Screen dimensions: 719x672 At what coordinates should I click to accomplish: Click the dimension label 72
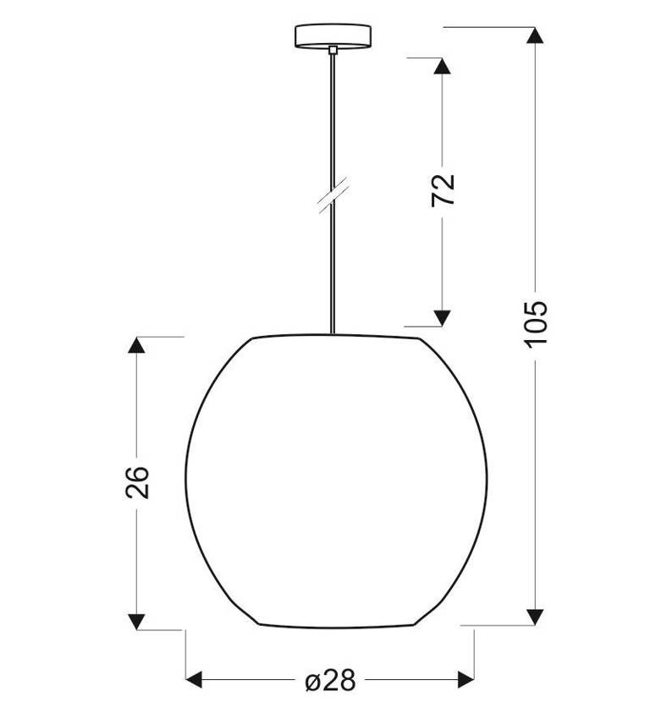pyautogui.click(x=443, y=189)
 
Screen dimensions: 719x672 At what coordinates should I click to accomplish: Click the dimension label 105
pyautogui.click(x=535, y=321)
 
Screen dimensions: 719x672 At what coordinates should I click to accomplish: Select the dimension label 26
pyautogui.click(x=138, y=482)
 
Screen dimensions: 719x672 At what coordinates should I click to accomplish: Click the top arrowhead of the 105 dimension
pyautogui.click(x=534, y=36)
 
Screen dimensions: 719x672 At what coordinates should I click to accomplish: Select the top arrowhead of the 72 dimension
pyautogui.click(x=440, y=66)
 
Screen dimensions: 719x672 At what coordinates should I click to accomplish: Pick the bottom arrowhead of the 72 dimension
pyautogui.click(x=440, y=318)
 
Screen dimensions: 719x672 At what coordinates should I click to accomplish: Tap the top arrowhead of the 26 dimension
pyautogui.click(x=136, y=345)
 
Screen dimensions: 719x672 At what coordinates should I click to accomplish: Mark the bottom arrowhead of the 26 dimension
pyautogui.click(x=136, y=621)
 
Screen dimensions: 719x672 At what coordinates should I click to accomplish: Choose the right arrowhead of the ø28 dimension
pyautogui.click(x=465, y=678)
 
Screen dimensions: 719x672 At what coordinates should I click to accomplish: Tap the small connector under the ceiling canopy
pyautogui.click(x=333, y=51)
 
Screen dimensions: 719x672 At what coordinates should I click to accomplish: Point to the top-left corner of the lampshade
pyautogui.click(x=253, y=338)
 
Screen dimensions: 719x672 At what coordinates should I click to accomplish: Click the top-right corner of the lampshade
pyautogui.click(x=419, y=339)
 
